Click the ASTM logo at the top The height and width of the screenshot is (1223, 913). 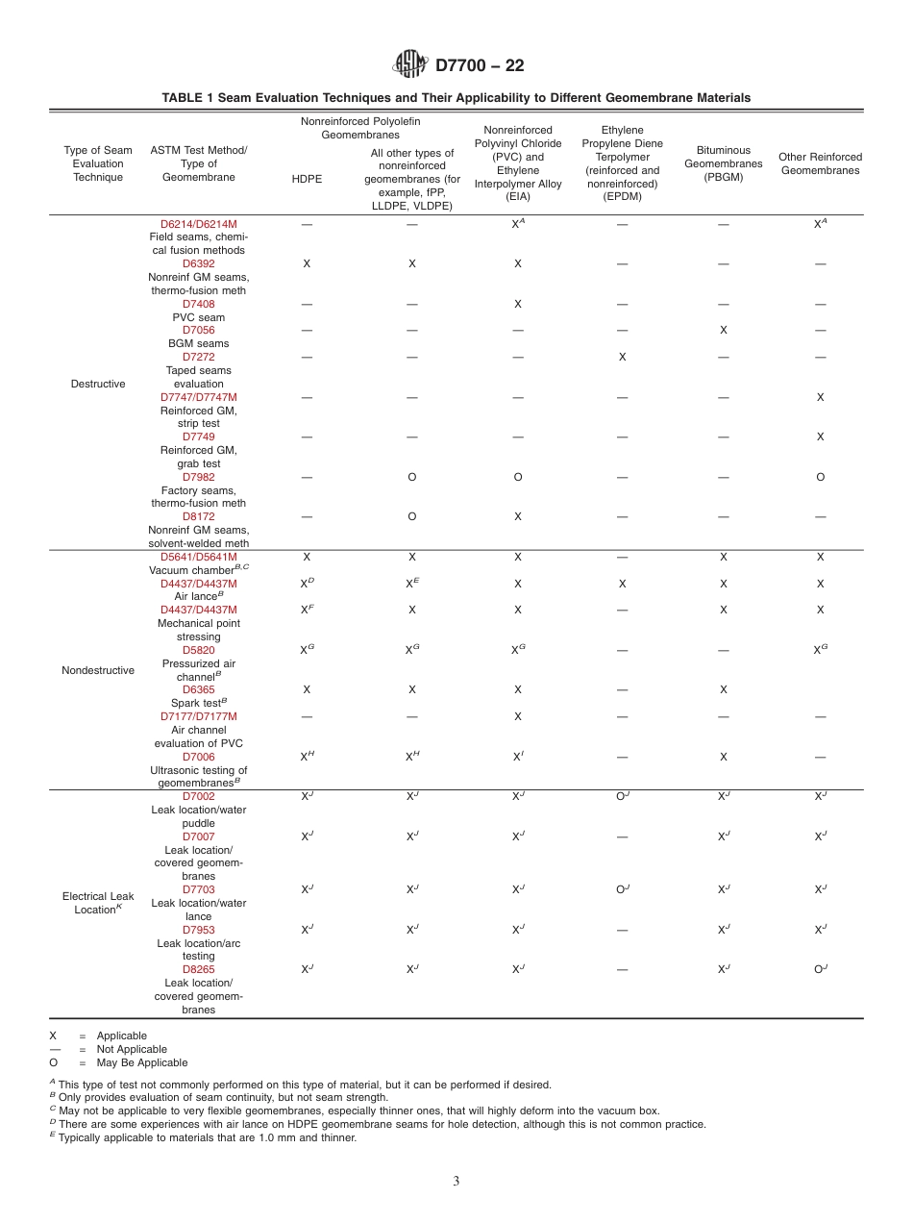click(x=410, y=64)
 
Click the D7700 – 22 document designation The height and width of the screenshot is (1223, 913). click(x=480, y=65)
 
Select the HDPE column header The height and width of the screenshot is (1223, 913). click(x=307, y=179)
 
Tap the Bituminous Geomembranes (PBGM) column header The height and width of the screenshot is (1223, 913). click(x=723, y=163)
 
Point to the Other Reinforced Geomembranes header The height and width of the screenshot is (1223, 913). click(x=820, y=163)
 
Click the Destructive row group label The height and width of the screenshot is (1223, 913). click(x=98, y=384)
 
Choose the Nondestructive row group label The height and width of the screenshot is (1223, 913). click(x=98, y=670)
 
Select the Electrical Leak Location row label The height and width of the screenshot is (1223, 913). click(x=98, y=903)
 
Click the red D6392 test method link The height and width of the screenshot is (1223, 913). click(x=199, y=263)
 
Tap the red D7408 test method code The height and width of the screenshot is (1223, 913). click(x=199, y=304)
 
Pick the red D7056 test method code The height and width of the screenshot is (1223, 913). click(x=199, y=330)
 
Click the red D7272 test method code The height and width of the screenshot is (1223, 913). click(x=199, y=357)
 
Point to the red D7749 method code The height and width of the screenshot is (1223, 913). click(x=199, y=437)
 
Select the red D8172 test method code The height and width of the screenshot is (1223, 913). click(x=199, y=516)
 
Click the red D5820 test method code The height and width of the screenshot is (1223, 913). click(x=199, y=650)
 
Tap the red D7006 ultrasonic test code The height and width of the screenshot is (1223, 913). click(x=199, y=757)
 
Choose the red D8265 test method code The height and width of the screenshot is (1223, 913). click(x=199, y=970)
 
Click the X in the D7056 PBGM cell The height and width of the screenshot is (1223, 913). click(x=723, y=330)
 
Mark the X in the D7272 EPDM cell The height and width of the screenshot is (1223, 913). click(x=622, y=357)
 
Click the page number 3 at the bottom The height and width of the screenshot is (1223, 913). click(x=456, y=1182)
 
